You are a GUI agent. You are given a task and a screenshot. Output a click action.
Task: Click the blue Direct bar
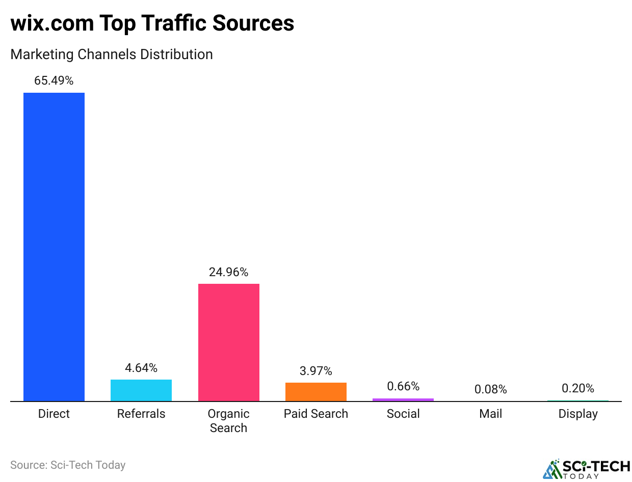pyautogui.click(x=54, y=247)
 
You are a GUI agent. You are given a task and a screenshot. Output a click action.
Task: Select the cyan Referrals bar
pyautogui.click(x=141, y=390)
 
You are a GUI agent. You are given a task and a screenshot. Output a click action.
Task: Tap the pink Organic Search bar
pyautogui.click(x=228, y=342)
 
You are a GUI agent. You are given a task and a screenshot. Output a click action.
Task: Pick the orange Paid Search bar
pyautogui.click(x=316, y=392)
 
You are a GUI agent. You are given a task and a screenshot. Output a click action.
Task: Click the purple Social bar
pyautogui.click(x=403, y=400)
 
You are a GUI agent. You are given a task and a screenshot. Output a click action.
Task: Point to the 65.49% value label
pyautogui.click(x=54, y=81)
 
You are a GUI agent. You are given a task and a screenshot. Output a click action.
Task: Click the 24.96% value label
pyautogui.click(x=228, y=272)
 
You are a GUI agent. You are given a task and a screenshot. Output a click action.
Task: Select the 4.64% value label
pyautogui.click(x=141, y=368)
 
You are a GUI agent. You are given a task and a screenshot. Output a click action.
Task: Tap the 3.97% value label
pyautogui.click(x=316, y=371)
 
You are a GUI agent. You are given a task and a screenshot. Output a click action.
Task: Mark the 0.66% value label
pyautogui.click(x=403, y=386)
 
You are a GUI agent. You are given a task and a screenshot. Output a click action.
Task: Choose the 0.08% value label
pyautogui.click(x=491, y=390)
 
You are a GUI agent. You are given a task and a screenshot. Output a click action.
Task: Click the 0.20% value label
pyautogui.click(x=578, y=388)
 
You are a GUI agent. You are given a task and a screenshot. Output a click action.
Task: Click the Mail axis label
pyautogui.click(x=491, y=414)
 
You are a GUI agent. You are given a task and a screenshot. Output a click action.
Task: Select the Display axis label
pyautogui.click(x=578, y=414)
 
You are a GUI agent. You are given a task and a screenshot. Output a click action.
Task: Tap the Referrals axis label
pyautogui.click(x=141, y=414)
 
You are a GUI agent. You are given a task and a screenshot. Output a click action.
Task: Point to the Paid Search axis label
pyautogui.click(x=316, y=414)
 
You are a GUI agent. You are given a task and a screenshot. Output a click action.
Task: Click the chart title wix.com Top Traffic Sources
pyautogui.click(x=152, y=23)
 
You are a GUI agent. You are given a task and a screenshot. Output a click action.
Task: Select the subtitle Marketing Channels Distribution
pyautogui.click(x=112, y=54)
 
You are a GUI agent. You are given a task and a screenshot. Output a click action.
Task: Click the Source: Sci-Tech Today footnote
pyautogui.click(x=68, y=465)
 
